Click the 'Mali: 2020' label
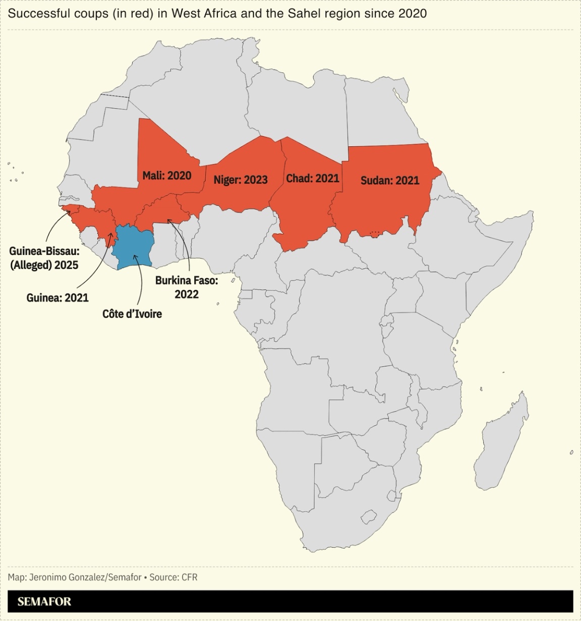pos(166,175)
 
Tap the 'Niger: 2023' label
pos(240,180)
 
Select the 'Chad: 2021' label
pos(312,178)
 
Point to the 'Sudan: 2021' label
pos(389,180)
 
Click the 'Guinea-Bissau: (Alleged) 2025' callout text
pos(44,257)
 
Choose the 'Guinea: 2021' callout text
pos(57,297)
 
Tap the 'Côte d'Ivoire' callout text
pos(132,314)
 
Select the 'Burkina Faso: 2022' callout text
pos(187,287)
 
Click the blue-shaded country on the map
pos(132,246)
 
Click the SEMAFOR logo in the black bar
pos(44,601)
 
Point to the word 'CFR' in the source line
pos(189,577)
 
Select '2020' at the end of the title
pos(412,13)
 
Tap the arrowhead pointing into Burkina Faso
pos(169,221)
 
